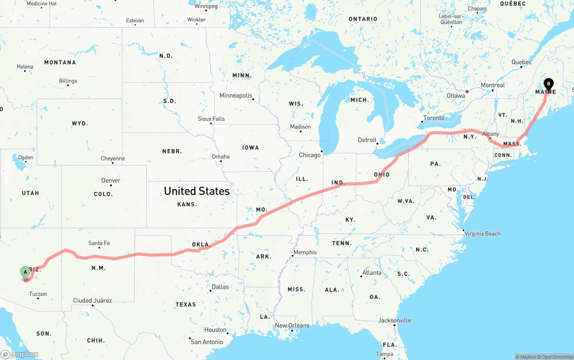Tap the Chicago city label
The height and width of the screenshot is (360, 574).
tap(310, 155)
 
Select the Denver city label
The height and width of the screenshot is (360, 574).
tap(111, 180)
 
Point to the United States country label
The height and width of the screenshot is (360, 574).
tap(196, 191)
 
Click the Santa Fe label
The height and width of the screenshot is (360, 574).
tap(99, 243)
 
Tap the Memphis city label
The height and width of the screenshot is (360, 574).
tap(305, 252)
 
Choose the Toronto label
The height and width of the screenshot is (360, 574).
tap(434, 118)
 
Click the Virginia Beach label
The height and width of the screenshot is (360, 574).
tap(482, 234)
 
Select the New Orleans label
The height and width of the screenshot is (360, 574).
tap(292, 325)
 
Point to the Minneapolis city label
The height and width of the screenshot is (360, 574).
tap(235, 95)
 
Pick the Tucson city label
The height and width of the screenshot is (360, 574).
tap(38, 294)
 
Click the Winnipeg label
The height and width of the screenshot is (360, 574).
tap(206, 6)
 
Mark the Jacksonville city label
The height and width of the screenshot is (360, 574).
tap(394, 321)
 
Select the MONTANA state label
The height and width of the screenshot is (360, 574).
tap(60, 62)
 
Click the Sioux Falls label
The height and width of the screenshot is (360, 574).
tap(211, 119)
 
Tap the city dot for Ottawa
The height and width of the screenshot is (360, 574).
tap(467, 91)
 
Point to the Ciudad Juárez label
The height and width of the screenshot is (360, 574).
tap(92, 300)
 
